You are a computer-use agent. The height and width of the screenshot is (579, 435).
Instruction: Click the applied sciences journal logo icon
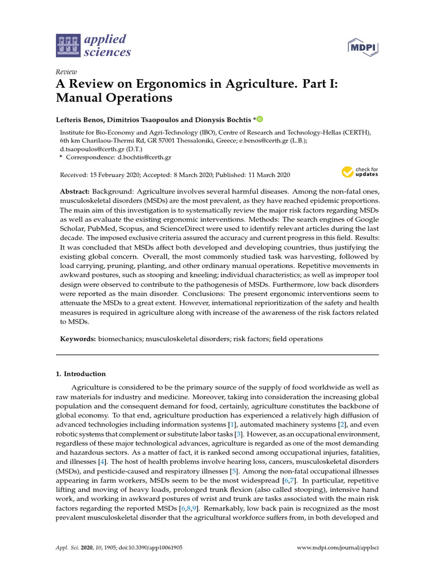pyautogui.click(x=68, y=46)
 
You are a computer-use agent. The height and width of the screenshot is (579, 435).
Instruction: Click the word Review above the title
pyautogui.click(x=66, y=72)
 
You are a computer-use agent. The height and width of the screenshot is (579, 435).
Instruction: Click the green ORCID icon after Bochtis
pyautogui.click(x=260, y=119)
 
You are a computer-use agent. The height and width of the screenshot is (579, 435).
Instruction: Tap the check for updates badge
pyautogui.click(x=360, y=172)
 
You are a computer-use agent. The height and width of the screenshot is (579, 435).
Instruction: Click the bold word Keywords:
pyautogui.click(x=78, y=339)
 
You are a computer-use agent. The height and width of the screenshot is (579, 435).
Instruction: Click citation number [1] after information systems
pyautogui.click(x=231, y=424)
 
